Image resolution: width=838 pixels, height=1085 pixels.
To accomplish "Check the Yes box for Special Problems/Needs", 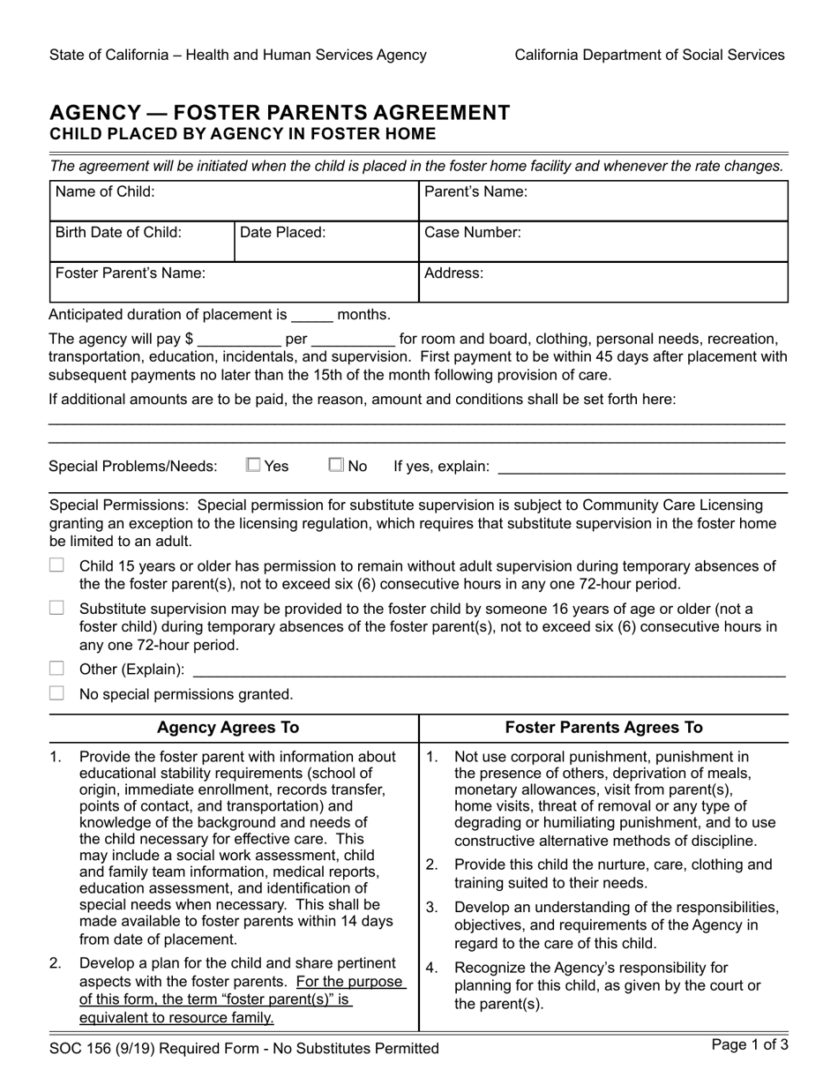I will coord(254,465).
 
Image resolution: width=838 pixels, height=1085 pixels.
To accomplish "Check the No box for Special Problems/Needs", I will coord(336,465).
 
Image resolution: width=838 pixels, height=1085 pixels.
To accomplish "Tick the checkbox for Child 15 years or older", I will coord(57,565).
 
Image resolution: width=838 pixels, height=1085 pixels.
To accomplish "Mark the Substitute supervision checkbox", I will coord(57,608).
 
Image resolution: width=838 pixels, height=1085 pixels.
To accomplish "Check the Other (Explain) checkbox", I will coord(57,669).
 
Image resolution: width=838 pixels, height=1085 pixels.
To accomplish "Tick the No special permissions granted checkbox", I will coord(57,693).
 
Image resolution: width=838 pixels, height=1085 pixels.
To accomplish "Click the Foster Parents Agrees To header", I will coord(603,728).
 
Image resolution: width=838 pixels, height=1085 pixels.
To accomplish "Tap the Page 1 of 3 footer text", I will coord(750,1046).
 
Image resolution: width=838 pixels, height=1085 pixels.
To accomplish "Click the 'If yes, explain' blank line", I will coord(641,467).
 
